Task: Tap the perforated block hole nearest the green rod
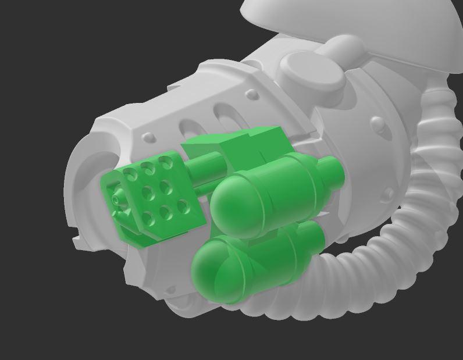click(168, 165)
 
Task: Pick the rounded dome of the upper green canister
click(230, 201)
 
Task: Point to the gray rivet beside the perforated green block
click(148, 138)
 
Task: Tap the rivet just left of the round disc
click(252, 93)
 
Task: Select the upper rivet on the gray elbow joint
click(377, 123)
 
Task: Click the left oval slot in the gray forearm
click(190, 127)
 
